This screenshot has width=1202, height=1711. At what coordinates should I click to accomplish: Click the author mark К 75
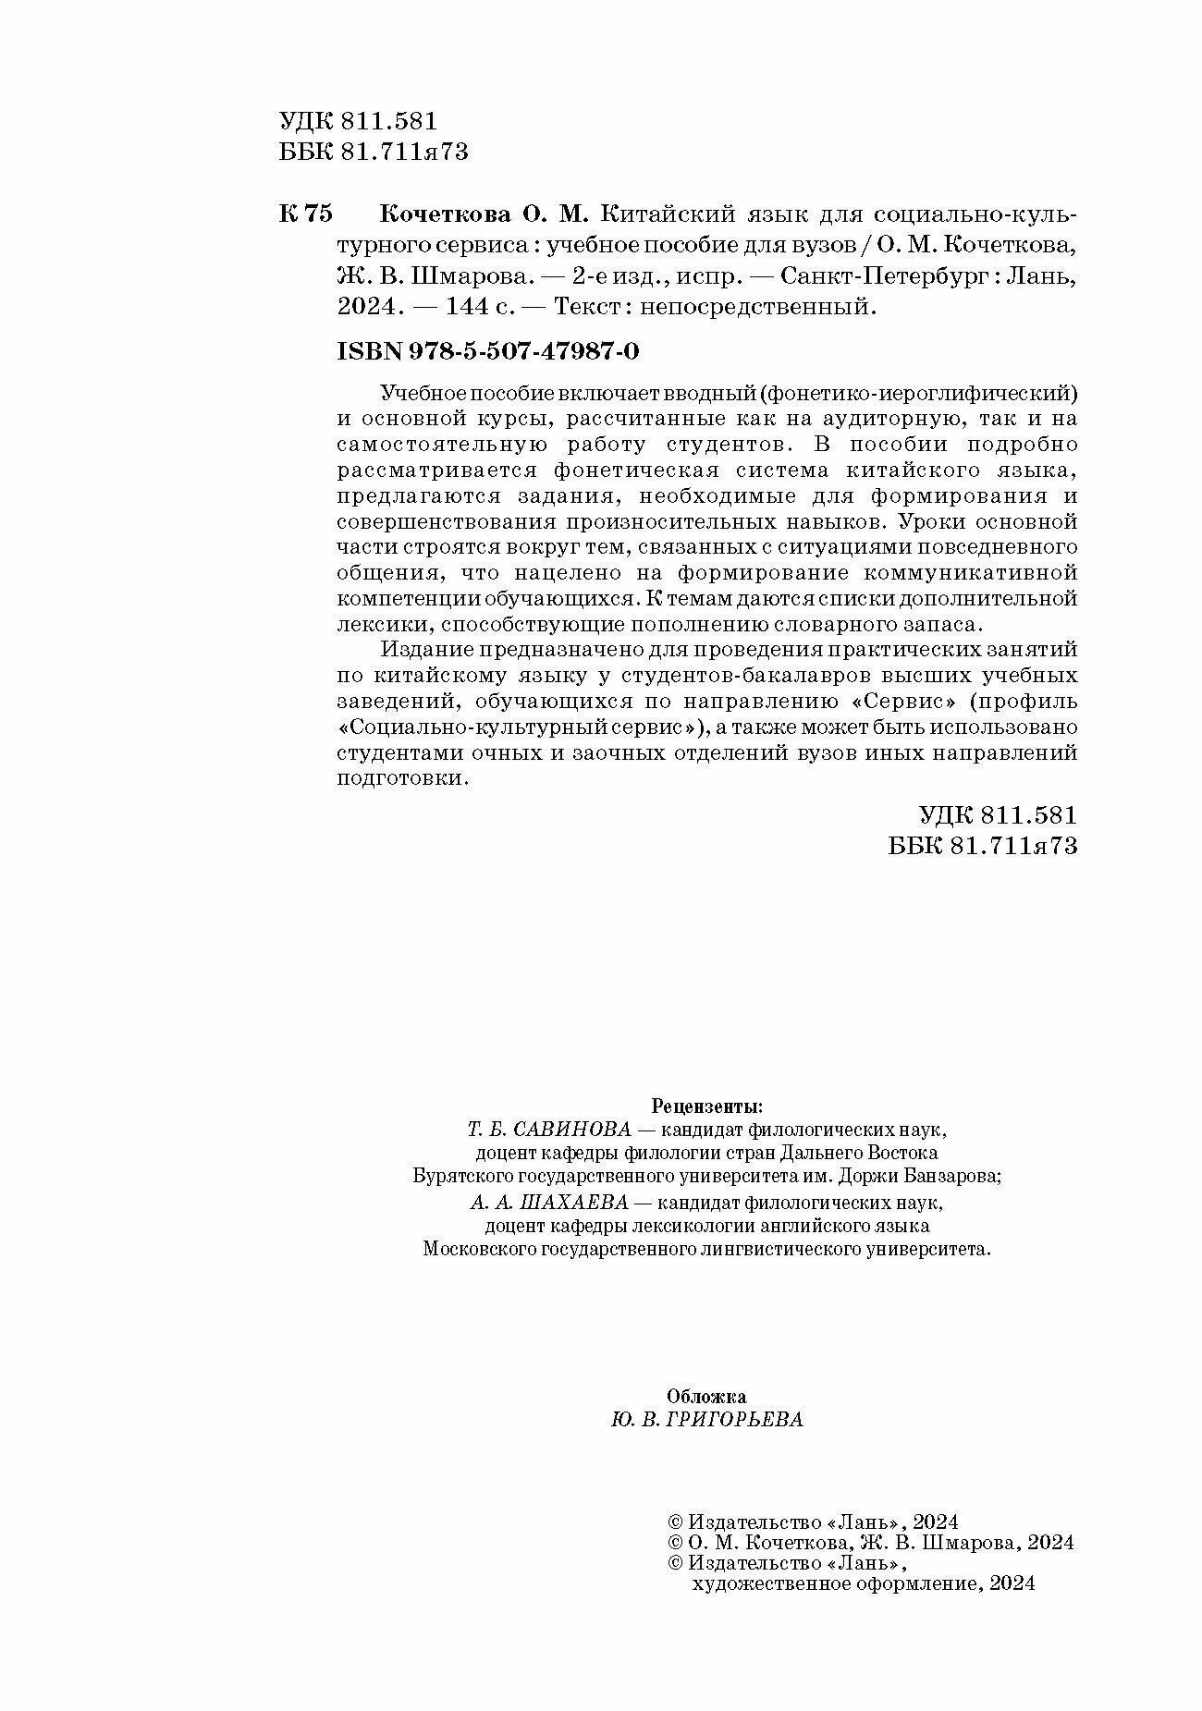pos(304,214)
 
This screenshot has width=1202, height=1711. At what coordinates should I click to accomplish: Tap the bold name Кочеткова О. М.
pos(484,214)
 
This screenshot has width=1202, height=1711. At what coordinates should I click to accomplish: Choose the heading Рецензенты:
pos(707,1106)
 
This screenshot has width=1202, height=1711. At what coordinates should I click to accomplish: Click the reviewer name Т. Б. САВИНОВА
pos(548,1130)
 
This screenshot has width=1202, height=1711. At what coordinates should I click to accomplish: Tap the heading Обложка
pos(706,1397)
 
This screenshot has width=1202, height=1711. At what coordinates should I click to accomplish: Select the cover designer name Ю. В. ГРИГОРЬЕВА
pos(707,1420)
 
